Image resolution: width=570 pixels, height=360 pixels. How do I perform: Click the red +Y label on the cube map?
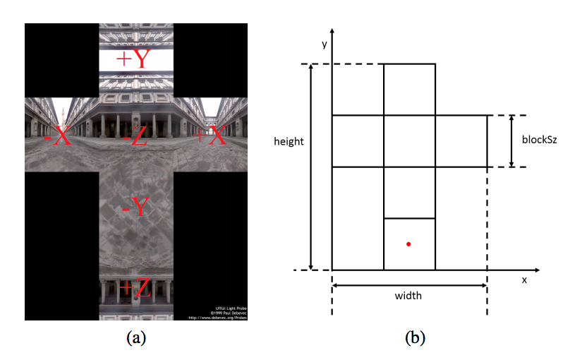[x=134, y=59]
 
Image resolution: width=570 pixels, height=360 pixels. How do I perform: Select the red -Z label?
[x=134, y=137]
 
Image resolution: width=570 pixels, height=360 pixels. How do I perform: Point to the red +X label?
[x=210, y=136]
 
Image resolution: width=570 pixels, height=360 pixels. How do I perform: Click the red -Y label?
[x=135, y=207]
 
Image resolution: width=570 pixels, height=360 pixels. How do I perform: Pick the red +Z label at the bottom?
[x=135, y=288]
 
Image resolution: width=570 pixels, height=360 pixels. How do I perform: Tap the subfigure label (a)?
[x=136, y=338]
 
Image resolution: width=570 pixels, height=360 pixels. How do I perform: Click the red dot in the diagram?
[x=408, y=244]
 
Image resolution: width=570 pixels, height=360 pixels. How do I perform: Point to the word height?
[x=289, y=141]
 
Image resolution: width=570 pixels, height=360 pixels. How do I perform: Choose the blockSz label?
[x=539, y=140]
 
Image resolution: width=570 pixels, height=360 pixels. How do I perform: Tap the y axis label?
[x=325, y=44]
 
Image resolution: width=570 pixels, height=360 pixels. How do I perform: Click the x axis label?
[x=524, y=280]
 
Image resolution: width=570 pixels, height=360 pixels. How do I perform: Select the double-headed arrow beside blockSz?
[x=512, y=140]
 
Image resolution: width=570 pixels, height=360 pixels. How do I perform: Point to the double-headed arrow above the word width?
[x=409, y=285]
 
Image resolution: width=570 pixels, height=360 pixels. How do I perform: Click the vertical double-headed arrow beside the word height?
[x=311, y=167]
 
